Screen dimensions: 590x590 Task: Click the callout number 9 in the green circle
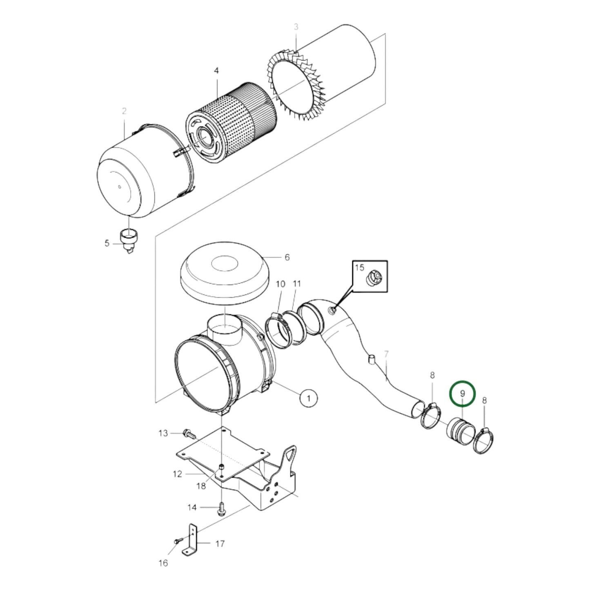click(462, 394)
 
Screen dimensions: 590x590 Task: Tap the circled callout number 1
click(309, 397)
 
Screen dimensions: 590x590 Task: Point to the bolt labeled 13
click(188, 432)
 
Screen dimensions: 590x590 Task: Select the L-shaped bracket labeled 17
click(191, 543)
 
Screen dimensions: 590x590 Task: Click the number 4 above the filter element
click(216, 71)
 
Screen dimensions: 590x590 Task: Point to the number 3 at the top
click(296, 27)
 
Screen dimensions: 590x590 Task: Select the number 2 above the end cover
click(124, 111)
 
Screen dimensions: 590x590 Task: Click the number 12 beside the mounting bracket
click(177, 474)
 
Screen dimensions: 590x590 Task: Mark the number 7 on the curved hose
click(386, 354)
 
